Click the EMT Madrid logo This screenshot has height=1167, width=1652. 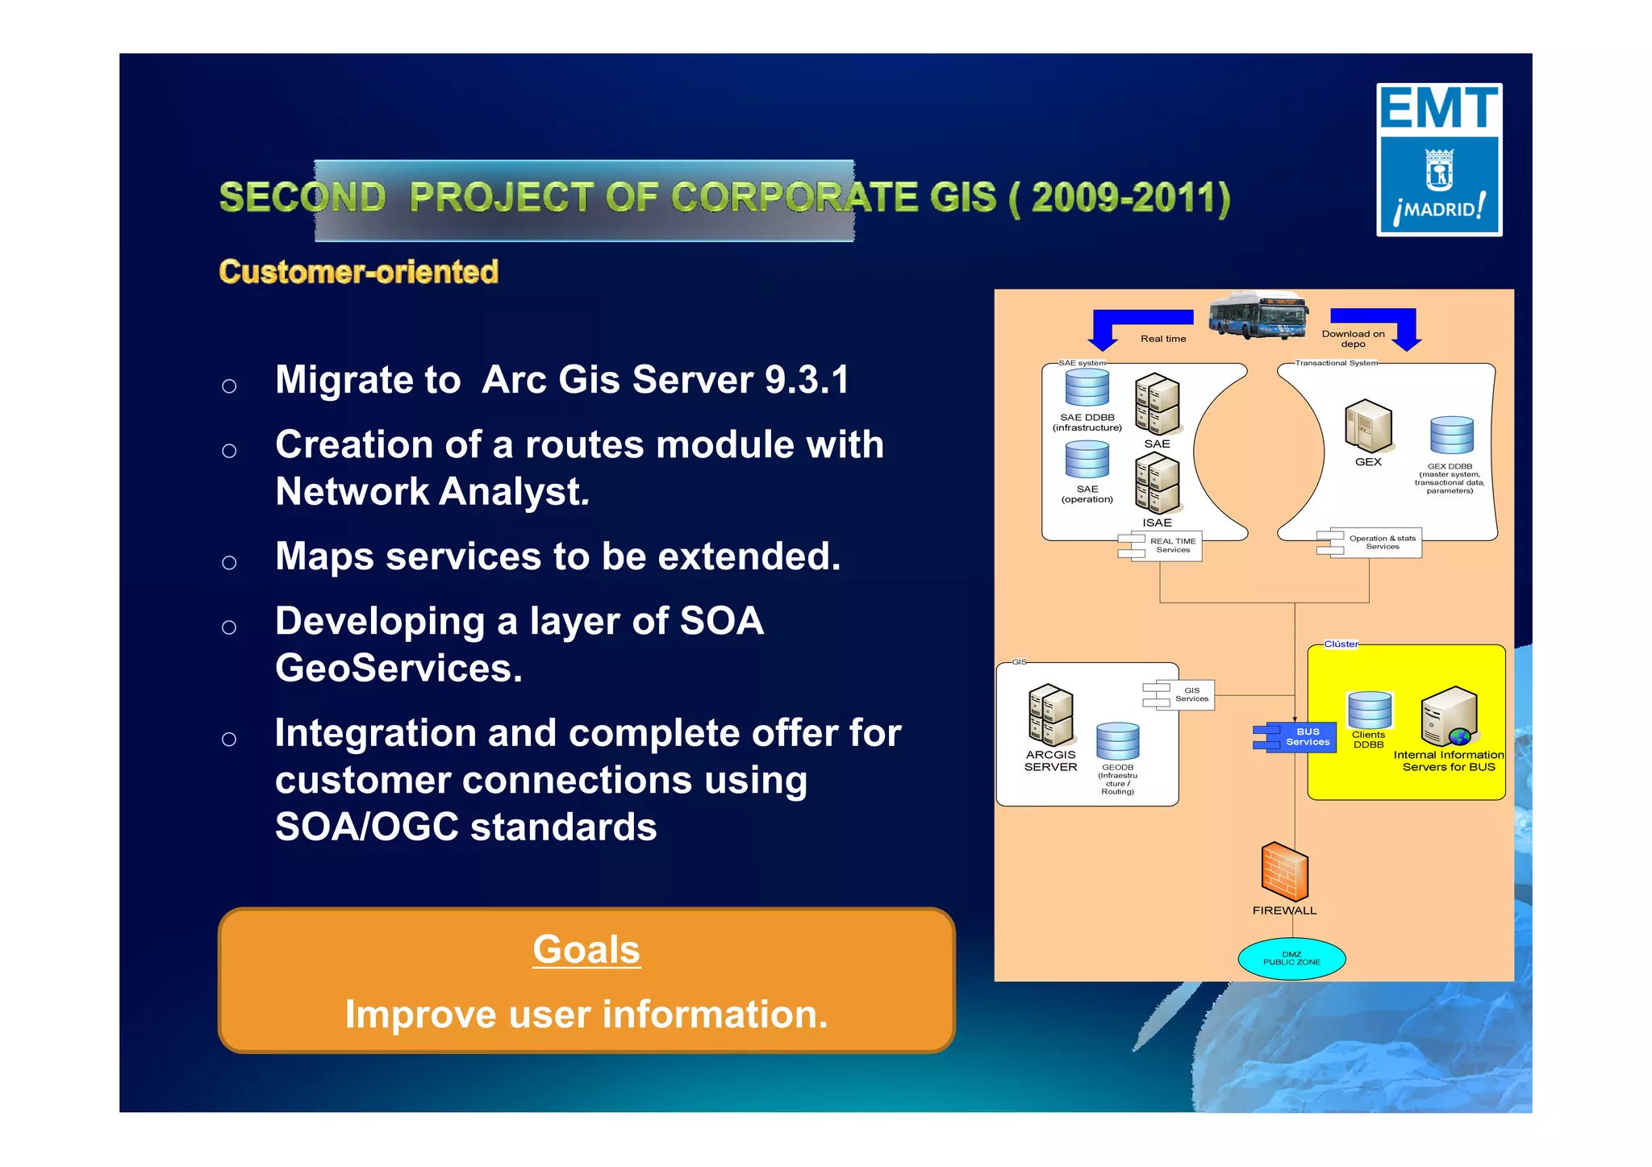click(x=1438, y=160)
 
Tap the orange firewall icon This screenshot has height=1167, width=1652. click(x=1284, y=872)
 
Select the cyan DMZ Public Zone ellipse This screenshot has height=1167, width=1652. click(x=1291, y=958)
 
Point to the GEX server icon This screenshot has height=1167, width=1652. click(x=1368, y=427)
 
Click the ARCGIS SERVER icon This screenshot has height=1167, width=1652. click(x=1050, y=715)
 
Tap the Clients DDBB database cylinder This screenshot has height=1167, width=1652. click(x=1369, y=711)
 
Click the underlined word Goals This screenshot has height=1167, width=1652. click(x=586, y=949)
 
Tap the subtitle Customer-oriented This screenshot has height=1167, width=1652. click(x=358, y=272)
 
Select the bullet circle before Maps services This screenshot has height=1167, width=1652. click(x=229, y=562)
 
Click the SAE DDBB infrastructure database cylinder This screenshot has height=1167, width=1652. click(x=1087, y=387)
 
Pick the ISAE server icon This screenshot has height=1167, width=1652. click(x=1157, y=483)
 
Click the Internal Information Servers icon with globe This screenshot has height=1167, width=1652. click(x=1450, y=716)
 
